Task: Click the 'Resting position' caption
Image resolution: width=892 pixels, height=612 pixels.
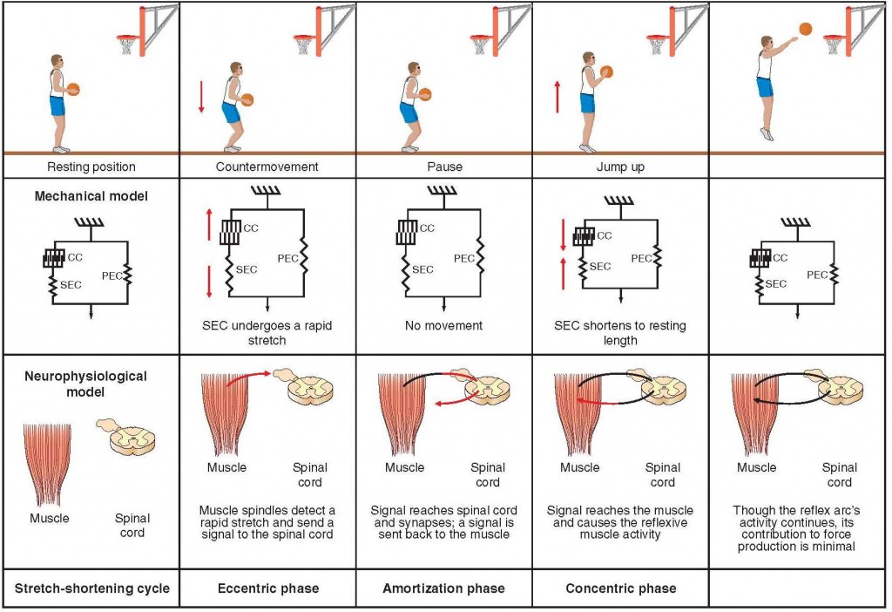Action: tap(91, 167)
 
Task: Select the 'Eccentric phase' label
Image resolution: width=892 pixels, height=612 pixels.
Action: tap(267, 588)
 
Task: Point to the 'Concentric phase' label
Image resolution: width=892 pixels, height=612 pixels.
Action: tap(620, 588)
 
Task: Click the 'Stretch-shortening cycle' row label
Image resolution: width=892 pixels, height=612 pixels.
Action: tap(91, 588)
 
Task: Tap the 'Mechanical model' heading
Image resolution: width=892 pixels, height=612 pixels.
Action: tap(91, 196)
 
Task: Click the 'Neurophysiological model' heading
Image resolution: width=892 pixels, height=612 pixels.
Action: tap(91, 384)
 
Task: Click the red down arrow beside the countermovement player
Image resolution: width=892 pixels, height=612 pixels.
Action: tap(200, 95)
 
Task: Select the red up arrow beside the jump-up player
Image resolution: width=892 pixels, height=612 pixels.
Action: tap(555, 95)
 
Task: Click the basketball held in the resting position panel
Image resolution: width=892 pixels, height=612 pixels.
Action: tap(73, 88)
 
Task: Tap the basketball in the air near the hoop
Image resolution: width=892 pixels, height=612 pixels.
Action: tap(806, 29)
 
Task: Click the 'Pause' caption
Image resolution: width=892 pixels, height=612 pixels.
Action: tap(444, 167)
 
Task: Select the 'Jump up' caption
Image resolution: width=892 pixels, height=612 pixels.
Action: tap(620, 167)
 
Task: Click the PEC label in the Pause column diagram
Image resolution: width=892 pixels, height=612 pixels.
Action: tap(463, 258)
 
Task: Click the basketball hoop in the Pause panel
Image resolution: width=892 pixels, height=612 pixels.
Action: tap(480, 42)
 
